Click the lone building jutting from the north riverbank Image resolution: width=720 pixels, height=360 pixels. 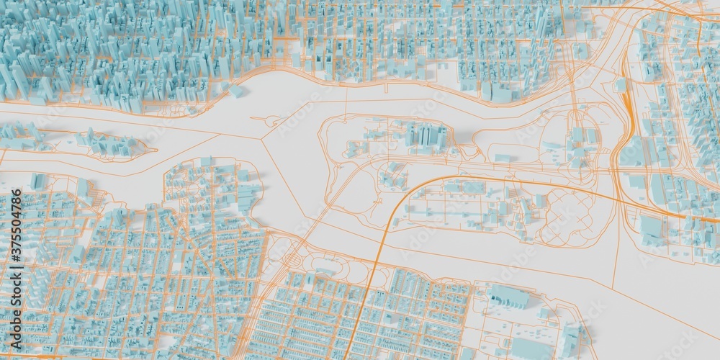click(236, 91)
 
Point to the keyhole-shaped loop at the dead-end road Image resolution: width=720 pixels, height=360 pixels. click(274, 122)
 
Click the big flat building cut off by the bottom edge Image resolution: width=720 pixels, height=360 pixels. click(529, 349)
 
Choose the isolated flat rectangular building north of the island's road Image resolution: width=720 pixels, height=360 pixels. click(502, 158)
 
